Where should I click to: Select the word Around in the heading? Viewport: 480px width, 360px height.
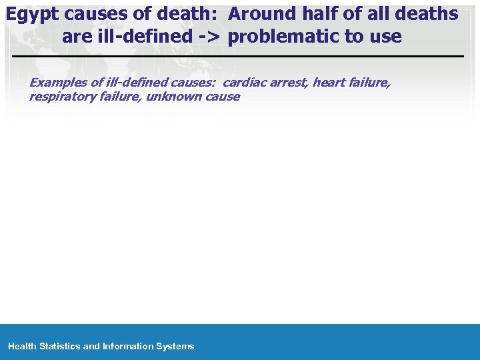(x=262, y=13)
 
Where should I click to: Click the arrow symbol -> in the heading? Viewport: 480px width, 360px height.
(x=209, y=36)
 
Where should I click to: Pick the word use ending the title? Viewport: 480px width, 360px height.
(x=387, y=36)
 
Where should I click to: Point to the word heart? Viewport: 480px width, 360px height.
(x=328, y=83)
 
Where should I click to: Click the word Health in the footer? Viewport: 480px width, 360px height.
(x=22, y=346)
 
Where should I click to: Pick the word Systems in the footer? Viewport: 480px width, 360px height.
(x=175, y=346)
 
